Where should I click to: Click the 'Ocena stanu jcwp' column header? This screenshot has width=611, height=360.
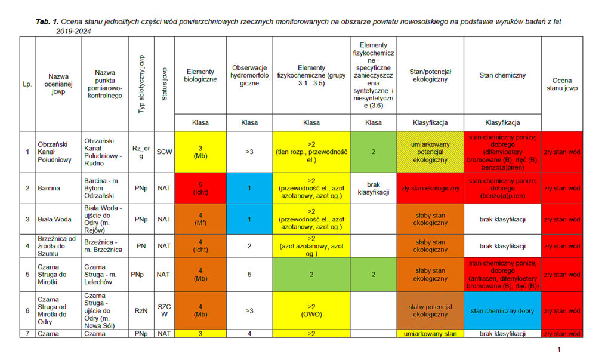(x=561, y=84)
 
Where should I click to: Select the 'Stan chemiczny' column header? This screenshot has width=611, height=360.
(x=502, y=76)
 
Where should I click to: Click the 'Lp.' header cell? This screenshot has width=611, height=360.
(x=27, y=84)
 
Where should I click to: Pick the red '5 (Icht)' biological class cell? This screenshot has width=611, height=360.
(x=200, y=188)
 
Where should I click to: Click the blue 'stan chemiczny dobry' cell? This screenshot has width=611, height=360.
(x=502, y=310)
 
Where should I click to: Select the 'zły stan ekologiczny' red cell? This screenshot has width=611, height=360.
(x=430, y=188)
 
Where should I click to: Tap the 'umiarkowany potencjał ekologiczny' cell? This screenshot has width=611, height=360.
(x=430, y=152)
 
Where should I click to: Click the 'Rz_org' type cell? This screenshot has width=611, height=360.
(x=141, y=152)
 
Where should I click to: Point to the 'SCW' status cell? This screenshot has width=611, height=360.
(x=165, y=152)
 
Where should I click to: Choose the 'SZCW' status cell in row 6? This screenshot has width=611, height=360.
(x=165, y=310)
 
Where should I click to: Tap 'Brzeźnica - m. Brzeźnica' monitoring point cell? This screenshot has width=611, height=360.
(x=105, y=246)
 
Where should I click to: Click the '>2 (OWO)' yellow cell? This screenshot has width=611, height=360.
(x=311, y=310)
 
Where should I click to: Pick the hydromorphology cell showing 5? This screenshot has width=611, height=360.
(x=249, y=275)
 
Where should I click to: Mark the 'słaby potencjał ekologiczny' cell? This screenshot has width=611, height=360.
(x=430, y=310)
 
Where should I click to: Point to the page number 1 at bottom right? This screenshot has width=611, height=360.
(x=559, y=350)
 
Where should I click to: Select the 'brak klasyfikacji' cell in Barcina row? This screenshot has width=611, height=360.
(x=373, y=188)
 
